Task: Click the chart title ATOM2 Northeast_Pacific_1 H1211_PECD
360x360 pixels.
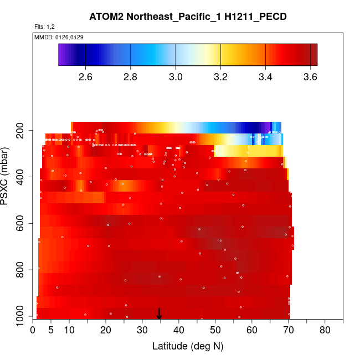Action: pos(188,17)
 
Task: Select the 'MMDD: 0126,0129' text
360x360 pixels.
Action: pos(59,37)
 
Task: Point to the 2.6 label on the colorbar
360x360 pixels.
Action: pos(85,76)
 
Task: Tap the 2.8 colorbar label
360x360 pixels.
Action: pos(130,76)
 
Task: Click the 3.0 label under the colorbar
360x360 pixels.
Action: pos(176,76)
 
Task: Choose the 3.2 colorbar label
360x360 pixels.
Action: pos(220,76)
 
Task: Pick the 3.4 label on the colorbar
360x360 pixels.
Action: pos(266,76)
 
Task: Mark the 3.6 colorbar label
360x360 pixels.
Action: pos(311,76)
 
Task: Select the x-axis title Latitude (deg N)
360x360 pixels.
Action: pos(188,346)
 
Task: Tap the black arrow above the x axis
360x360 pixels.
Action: pos(159,313)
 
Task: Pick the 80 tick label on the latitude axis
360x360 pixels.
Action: pos(325,331)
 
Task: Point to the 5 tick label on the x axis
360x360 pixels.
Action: pos(51,331)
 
